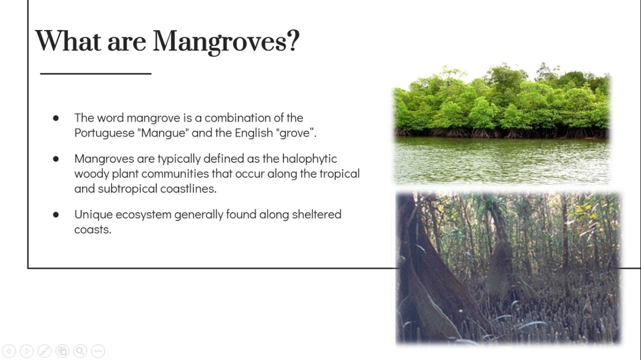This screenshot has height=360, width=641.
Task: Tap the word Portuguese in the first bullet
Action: (105, 133)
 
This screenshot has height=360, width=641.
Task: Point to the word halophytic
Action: (309, 159)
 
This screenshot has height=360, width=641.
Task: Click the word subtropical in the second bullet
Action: (128, 188)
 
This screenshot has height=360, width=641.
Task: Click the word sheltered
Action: (316, 214)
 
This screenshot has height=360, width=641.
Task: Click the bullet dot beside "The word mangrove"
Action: (56, 118)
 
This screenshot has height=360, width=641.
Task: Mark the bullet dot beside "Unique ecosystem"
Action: (56, 215)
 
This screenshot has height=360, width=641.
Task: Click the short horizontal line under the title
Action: (95, 73)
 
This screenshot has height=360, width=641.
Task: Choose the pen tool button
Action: (45, 351)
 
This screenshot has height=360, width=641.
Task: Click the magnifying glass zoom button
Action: (80, 351)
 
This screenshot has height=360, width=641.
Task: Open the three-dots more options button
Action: (98, 351)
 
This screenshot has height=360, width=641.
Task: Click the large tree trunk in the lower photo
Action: (429, 278)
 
